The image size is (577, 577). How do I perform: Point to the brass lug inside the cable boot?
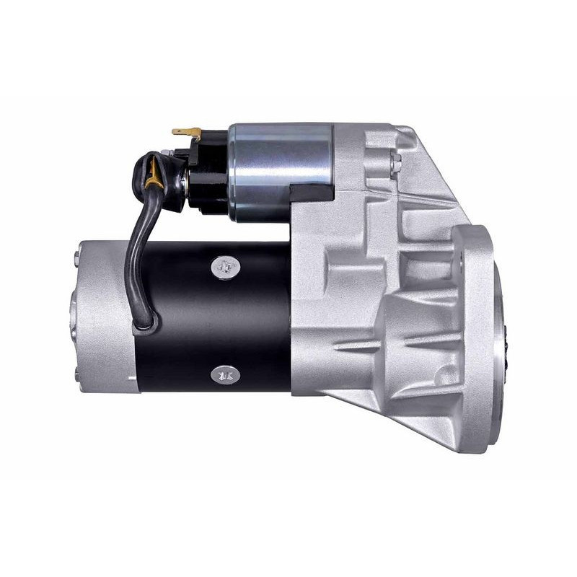tap(153, 172)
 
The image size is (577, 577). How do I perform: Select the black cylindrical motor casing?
tap(216, 317)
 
